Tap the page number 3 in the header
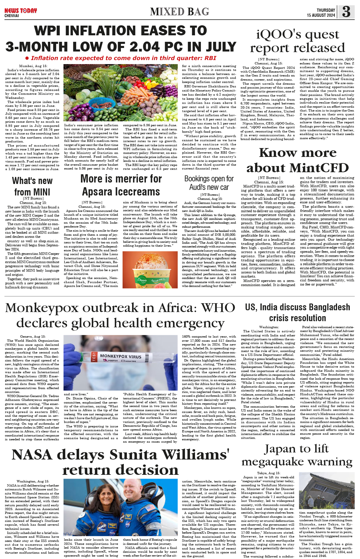pos(346,11)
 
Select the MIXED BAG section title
pos(179,12)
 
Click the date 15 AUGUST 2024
pos(321,15)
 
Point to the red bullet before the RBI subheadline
pos(27,58)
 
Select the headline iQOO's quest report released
pos(297,41)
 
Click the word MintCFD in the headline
pos(319,168)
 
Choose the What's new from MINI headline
pos(32,186)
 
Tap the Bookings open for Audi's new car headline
pos(209,183)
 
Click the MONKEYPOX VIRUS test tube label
pos(121,356)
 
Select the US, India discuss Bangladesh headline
pos(297,313)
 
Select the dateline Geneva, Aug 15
pos(33,336)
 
